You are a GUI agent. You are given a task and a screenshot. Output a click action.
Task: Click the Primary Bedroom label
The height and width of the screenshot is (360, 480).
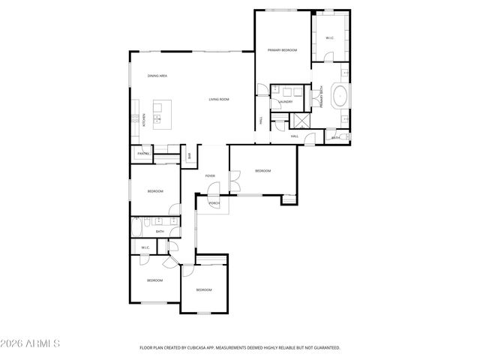[283, 50]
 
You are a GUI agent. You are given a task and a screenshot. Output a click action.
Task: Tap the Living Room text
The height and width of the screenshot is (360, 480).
[218, 100]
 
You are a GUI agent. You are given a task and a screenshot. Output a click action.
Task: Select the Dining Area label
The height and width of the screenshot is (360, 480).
[157, 76]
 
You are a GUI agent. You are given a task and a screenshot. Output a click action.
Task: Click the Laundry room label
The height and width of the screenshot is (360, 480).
[285, 101]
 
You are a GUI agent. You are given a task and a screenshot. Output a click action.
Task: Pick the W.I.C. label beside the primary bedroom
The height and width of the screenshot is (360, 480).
[329, 37]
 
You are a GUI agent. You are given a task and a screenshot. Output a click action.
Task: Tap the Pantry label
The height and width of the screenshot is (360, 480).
[143, 154]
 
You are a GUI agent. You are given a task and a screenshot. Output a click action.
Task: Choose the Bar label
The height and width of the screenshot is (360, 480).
[189, 155]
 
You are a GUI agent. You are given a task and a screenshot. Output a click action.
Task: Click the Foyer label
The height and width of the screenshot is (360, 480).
[210, 175]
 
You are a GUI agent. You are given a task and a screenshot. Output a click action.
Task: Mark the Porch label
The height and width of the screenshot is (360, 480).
[214, 203]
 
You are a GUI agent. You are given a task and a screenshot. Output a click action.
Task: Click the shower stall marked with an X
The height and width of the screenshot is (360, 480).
[302, 121]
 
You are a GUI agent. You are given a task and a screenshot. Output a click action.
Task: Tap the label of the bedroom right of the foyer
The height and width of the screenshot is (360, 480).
[262, 171]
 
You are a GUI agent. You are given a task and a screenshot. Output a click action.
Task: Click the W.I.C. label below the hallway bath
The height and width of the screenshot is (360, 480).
[145, 247]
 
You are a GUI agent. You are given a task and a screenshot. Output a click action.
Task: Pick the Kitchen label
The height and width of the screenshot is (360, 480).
[144, 120]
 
